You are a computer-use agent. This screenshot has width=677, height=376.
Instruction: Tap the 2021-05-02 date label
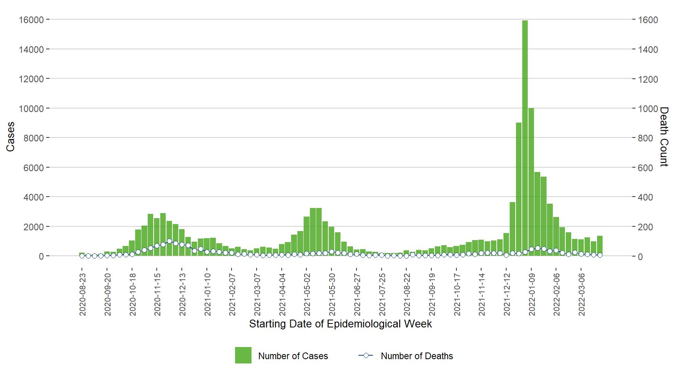(307, 295)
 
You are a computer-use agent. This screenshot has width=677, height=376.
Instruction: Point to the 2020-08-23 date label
(82, 295)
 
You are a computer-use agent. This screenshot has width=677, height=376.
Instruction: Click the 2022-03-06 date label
(581, 295)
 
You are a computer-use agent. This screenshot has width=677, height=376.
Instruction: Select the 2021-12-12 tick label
(507, 295)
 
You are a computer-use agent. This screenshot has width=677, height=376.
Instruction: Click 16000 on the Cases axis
(31, 20)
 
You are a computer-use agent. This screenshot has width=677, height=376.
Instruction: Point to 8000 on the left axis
(33, 138)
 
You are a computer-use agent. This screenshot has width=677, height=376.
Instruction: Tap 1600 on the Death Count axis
(648, 20)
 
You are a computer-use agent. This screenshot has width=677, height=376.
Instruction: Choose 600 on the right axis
(645, 168)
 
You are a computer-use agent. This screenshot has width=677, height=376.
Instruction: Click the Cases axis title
(10, 136)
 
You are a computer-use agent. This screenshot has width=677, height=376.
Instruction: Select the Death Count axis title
(664, 136)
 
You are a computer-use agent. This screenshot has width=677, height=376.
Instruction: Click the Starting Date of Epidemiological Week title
(340, 324)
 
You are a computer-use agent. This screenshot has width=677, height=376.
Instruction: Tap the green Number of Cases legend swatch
(243, 355)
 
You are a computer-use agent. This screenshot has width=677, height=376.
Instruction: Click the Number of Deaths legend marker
(366, 355)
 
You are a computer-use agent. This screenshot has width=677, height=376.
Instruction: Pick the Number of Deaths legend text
(416, 356)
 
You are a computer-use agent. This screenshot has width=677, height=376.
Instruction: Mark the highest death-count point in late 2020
(169, 241)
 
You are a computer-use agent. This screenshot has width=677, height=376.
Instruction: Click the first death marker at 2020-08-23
(82, 256)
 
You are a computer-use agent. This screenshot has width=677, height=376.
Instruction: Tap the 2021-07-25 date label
(382, 295)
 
